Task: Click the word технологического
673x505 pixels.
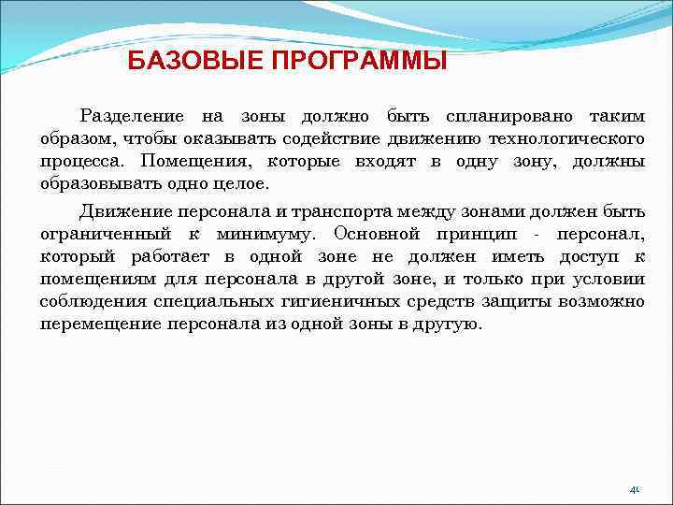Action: coord(566,139)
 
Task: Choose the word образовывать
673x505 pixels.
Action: coord(93,184)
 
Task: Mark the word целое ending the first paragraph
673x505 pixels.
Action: coord(238,184)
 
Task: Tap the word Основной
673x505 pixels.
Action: coord(376,233)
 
